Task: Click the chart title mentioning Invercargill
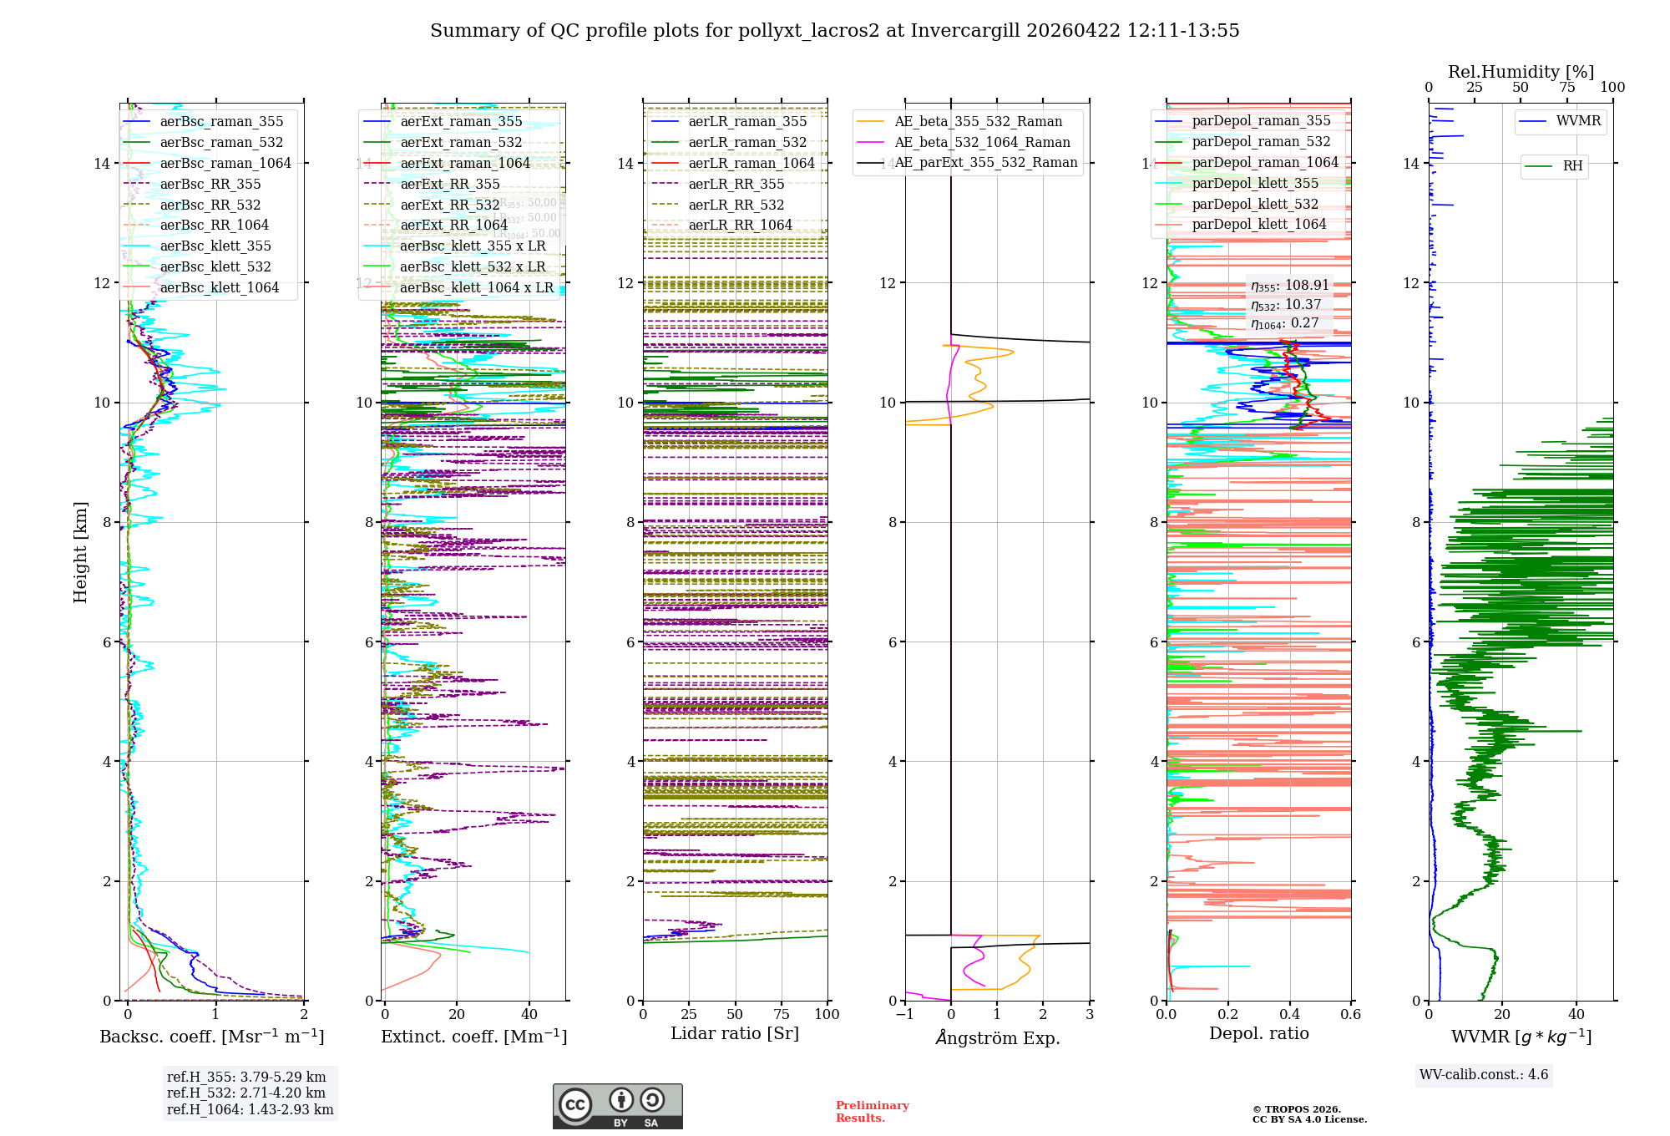(x=834, y=31)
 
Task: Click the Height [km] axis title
(x=80, y=552)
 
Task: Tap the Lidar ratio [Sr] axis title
(x=735, y=1033)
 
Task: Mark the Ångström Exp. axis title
(x=998, y=1037)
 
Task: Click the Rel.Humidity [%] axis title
(x=1521, y=72)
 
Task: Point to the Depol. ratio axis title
(x=1258, y=1033)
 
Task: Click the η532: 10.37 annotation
(x=1286, y=305)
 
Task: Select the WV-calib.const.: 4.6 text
(x=1484, y=1075)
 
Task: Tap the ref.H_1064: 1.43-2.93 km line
(x=250, y=1109)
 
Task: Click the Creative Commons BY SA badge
(x=617, y=1106)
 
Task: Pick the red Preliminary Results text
(x=872, y=1112)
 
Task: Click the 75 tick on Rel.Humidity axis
(x=1567, y=87)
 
